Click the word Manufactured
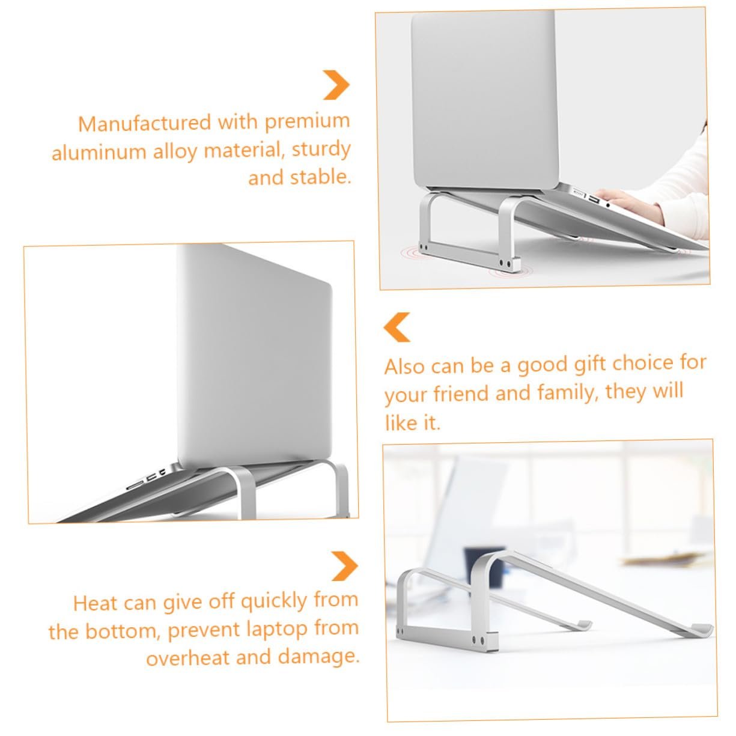tap(144, 123)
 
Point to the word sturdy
tap(321, 150)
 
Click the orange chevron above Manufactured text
tap(336, 85)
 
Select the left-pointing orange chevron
tap(397, 327)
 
